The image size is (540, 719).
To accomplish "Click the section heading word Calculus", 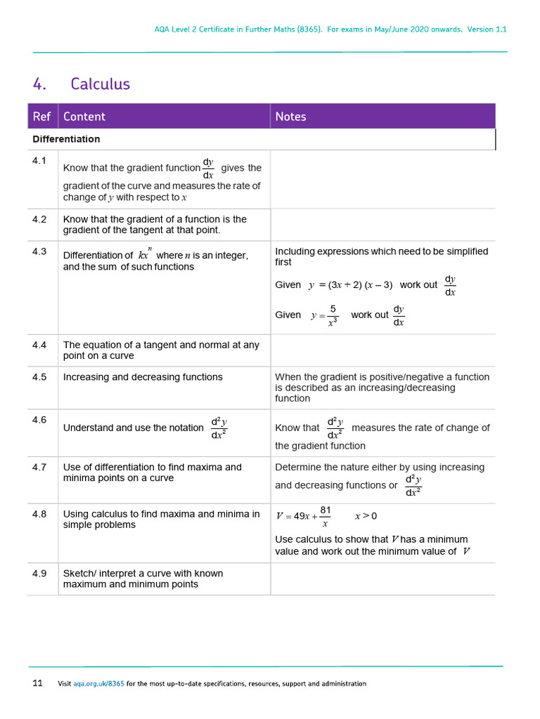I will tap(100, 84).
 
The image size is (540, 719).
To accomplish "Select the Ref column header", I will tap(41, 117).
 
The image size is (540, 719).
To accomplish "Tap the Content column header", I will tap(84, 117).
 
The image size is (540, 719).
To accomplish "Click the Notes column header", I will tap(290, 117).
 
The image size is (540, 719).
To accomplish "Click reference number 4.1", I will tap(39, 161).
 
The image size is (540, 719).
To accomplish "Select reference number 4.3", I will tap(39, 251).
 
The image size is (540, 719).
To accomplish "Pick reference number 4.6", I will tap(39, 420).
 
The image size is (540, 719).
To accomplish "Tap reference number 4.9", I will tap(39, 574).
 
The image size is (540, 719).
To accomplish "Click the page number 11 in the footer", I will tap(37, 683).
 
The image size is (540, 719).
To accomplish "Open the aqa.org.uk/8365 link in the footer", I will tap(98, 684).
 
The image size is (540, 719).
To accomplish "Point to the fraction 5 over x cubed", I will tap(333, 315).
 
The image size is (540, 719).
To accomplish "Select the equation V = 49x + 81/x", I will tap(304, 516).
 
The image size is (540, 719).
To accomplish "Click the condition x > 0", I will tap(366, 516).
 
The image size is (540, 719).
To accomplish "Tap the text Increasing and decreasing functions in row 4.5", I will tap(143, 377).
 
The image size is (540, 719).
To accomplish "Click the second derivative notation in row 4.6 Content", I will tap(219, 428).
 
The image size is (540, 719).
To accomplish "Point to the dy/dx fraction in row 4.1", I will tap(208, 169).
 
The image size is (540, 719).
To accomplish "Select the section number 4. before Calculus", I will tap(39, 84).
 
